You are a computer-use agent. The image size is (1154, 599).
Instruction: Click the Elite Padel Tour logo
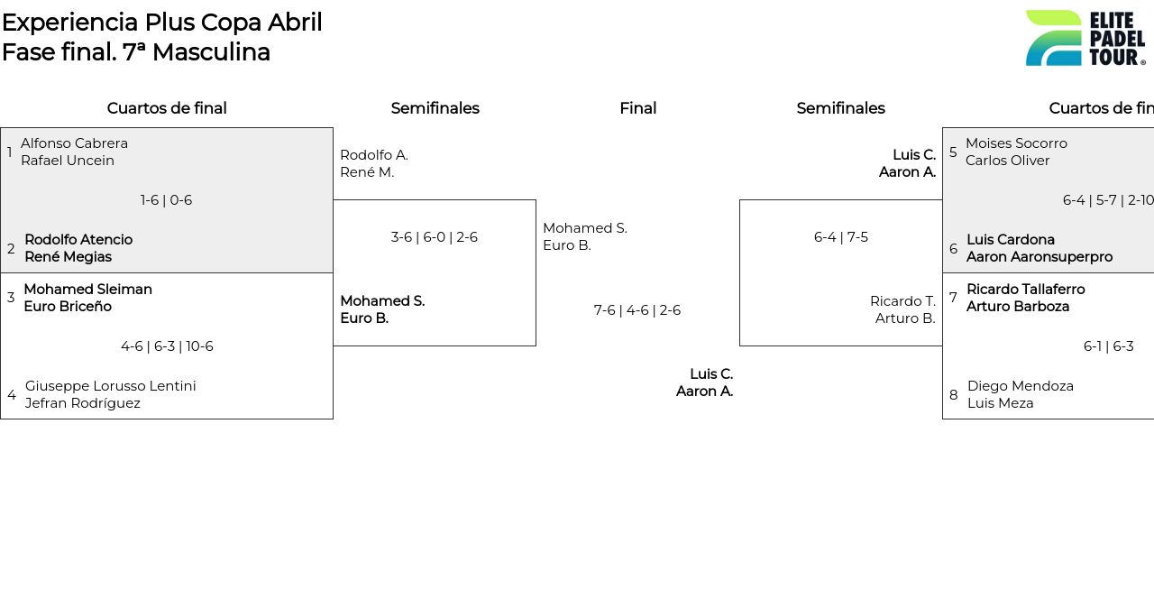click(1085, 38)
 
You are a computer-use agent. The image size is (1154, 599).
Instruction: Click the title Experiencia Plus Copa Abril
click(161, 23)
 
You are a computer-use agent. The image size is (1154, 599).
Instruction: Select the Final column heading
click(637, 108)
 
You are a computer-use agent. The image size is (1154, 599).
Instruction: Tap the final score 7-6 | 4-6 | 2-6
click(637, 310)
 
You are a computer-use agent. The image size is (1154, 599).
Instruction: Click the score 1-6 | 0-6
click(166, 200)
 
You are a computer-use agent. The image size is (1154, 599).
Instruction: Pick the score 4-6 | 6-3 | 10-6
click(167, 346)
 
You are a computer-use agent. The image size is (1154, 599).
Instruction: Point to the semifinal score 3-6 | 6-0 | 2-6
click(434, 237)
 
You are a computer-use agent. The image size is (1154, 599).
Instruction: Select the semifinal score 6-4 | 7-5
click(840, 237)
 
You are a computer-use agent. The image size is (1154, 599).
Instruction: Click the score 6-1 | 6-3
click(1108, 346)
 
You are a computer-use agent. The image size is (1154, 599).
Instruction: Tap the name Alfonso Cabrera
click(74, 143)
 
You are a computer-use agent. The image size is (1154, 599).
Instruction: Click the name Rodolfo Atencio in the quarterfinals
click(78, 240)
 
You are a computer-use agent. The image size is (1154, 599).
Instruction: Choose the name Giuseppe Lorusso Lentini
click(110, 386)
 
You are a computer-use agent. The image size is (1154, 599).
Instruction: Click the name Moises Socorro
click(1016, 143)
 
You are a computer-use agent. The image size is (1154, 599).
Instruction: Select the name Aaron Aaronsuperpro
click(1039, 257)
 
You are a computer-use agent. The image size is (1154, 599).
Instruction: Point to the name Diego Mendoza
click(1020, 386)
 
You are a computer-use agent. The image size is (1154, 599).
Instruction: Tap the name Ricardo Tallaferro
click(1025, 290)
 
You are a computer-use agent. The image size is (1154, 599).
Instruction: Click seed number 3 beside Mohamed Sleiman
click(11, 298)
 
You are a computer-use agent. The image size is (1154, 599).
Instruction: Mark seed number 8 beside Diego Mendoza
click(953, 395)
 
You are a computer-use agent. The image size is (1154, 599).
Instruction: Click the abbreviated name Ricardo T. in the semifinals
click(902, 301)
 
